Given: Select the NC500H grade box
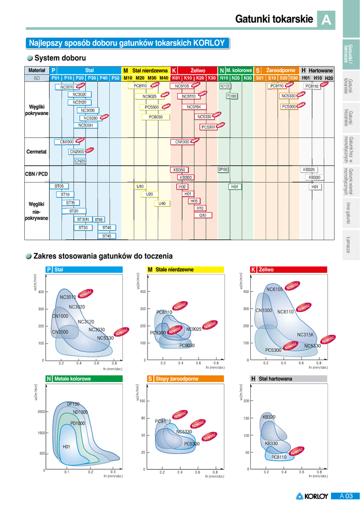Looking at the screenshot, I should pyautogui.click(x=85, y=126).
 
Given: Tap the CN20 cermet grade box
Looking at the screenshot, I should pyautogui.click(x=80, y=161).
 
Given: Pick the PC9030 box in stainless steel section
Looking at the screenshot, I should pyautogui.click(x=159, y=117).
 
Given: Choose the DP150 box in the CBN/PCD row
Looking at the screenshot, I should pyautogui.click(x=223, y=169).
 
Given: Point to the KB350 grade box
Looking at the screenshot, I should pyautogui.click(x=179, y=170).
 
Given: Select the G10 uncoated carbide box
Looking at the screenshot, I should pyautogui.click(x=203, y=215).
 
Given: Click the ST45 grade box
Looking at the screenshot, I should pyautogui.click(x=107, y=236).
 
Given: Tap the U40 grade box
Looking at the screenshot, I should pyautogui.click(x=162, y=203).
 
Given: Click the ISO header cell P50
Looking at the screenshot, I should pyautogui.click(x=115, y=78).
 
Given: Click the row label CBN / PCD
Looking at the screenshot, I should pyautogui.click(x=36, y=174).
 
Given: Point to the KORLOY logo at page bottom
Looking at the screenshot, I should pyautogui.click(x=312, y=496).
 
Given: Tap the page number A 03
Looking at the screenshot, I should pyautogui.click(x=346, y=496).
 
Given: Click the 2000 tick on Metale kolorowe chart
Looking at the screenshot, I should pyautogui.click(x=41, y=412).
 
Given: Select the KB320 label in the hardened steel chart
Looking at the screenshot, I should pyautogui.click(x=269, y=417).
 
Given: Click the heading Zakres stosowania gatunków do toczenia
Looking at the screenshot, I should pyautogui.click(x=103, y=256).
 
